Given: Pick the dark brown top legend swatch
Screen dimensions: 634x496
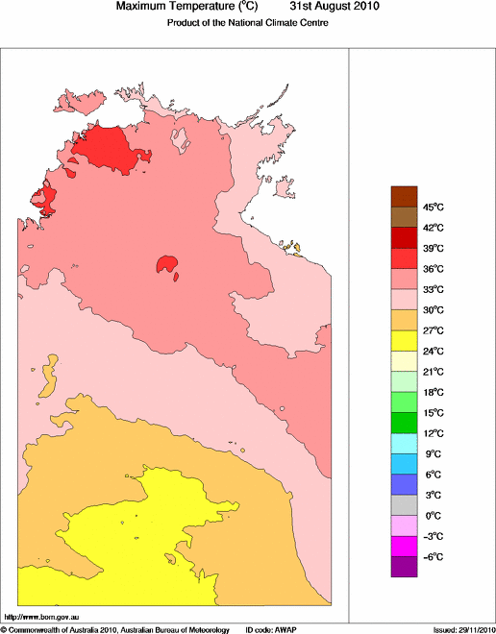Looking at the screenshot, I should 404,196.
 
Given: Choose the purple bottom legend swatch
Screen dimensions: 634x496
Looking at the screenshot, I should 404,567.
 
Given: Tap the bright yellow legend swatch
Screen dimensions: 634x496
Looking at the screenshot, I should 404,340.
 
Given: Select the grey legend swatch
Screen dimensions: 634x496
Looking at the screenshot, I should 404,505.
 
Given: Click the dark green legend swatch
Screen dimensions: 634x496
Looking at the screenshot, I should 404,423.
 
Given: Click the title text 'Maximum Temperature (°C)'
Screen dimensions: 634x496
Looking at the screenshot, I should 190,7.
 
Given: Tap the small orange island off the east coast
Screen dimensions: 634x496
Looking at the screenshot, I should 295,250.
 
